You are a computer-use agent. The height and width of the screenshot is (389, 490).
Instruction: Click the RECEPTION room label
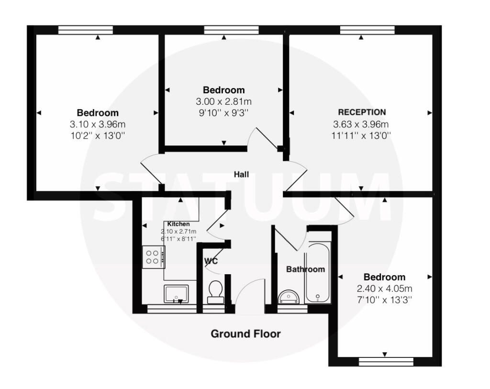362,112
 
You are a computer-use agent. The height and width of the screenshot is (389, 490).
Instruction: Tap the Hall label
241,174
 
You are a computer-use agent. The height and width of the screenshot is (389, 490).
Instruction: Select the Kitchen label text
178,224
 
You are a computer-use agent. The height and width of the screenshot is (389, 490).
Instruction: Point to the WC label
211,261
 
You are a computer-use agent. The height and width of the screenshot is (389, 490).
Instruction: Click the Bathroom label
306,269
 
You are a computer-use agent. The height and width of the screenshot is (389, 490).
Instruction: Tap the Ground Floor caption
245,333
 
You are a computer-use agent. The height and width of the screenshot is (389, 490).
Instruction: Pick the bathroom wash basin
289,297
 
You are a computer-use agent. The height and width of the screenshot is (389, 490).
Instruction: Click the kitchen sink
177,294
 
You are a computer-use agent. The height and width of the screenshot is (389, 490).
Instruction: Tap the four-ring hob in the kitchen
154,257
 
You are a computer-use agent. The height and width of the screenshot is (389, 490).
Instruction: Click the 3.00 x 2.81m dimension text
224,101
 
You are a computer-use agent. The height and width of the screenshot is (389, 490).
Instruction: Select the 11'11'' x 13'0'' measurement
361,135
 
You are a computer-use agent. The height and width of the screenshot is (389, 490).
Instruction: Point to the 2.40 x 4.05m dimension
385,289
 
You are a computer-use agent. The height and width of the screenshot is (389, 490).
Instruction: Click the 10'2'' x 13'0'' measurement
98,135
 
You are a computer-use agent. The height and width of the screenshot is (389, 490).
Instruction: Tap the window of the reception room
367,30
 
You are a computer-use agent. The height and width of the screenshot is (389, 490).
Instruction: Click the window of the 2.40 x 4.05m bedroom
386,362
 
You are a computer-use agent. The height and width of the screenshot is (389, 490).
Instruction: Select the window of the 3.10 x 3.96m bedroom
86,30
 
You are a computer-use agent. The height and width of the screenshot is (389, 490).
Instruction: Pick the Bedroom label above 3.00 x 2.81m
224,90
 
